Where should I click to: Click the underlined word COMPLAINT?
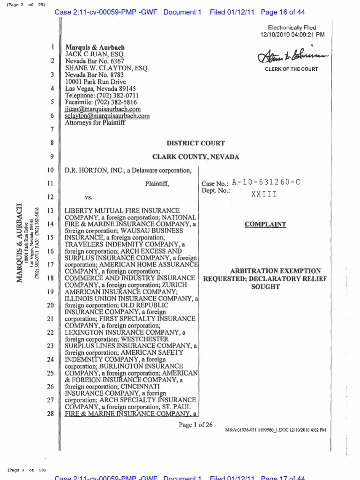[265, 225]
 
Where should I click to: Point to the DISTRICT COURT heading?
[196, 143]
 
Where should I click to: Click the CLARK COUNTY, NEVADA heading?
[196, 157]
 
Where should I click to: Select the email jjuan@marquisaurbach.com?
[103, 109]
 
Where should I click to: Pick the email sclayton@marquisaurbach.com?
[107, 116]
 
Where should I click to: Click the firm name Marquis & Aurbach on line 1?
[95, 48]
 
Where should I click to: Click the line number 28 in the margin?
[51, 414]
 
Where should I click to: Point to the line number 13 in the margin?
[51, 210]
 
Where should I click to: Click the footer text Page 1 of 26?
[195, 425]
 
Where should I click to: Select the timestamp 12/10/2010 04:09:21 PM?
[292, 35]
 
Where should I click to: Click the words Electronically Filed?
[292, 28]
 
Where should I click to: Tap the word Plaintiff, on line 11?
[157, 184]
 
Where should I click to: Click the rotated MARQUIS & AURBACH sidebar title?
[19, 243]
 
